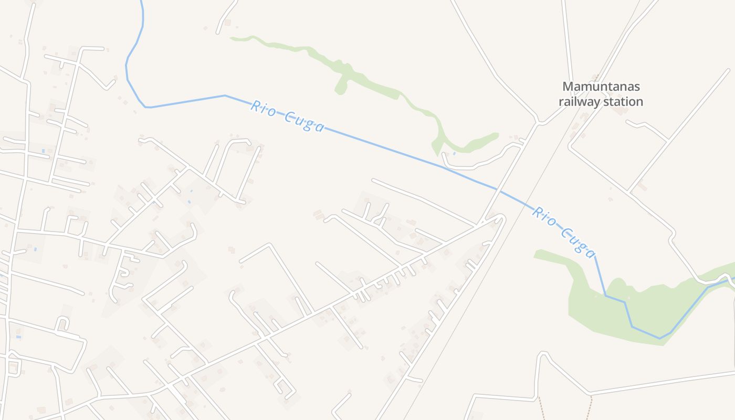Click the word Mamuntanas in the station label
pos(601,87)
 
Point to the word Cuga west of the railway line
pos(304,122)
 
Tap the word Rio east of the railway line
pos(544,216)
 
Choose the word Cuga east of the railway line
pos(578,241)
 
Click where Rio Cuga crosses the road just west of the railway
pos(497,189)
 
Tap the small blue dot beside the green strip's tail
pos(454,153)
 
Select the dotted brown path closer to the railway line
pos(541,407)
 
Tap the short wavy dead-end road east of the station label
pos(647,126)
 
